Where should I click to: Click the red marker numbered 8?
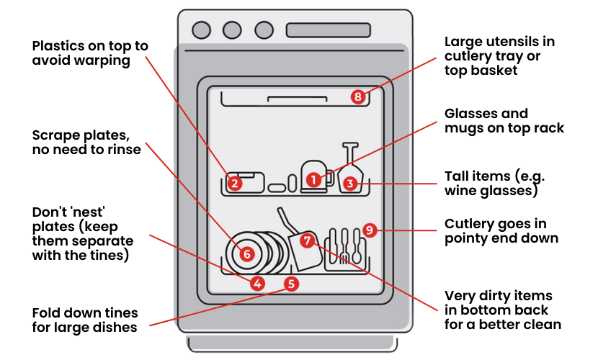358,96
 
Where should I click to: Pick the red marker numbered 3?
349,183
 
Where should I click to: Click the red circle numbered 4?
257,283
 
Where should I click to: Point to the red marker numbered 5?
291,283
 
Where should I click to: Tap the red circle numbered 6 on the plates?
246,253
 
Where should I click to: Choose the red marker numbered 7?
307,240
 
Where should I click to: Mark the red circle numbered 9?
369,230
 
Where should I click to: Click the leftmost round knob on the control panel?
202,30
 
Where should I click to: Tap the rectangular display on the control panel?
322,30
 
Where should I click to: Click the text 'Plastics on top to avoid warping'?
89,53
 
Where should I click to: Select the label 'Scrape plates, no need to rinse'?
86,143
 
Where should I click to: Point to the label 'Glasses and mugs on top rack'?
504,120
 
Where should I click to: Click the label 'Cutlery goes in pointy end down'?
501,230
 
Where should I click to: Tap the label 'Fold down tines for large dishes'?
84,320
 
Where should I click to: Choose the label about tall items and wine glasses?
491,184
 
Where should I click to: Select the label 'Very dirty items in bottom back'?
502,310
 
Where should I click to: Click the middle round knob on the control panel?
232,30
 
